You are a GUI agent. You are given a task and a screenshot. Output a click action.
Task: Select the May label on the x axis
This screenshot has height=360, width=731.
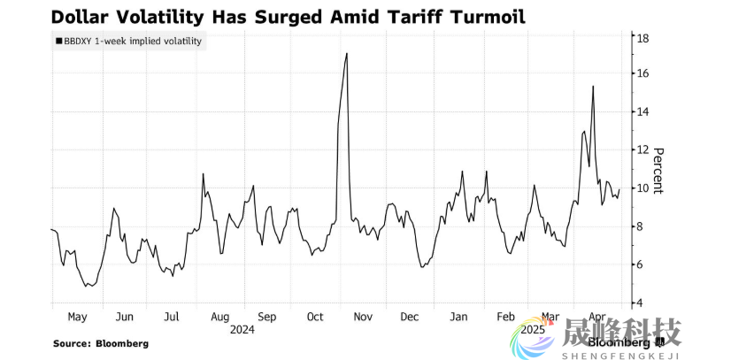(77, 317)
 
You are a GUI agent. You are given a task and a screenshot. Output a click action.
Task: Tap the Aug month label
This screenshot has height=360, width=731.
(219, 317)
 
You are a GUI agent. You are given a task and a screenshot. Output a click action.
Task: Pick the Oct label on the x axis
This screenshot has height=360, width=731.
(316, 317)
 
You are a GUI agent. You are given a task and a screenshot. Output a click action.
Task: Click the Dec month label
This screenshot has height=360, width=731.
(410, 317)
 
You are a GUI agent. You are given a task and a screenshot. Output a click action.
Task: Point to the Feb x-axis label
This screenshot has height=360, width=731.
(505, 317)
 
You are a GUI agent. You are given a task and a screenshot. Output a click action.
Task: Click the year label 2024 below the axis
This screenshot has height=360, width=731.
(242, 330)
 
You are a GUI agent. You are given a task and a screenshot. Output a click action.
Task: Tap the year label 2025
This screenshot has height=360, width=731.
(533, 329)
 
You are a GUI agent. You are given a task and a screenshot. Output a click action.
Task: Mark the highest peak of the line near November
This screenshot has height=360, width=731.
(346, 54)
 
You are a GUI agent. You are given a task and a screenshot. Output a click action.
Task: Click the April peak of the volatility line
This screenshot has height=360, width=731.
(592, 87)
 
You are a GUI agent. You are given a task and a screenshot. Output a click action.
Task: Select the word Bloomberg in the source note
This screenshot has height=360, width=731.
(123, 343)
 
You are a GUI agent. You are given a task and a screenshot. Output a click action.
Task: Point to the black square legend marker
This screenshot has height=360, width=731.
(58, 41)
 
